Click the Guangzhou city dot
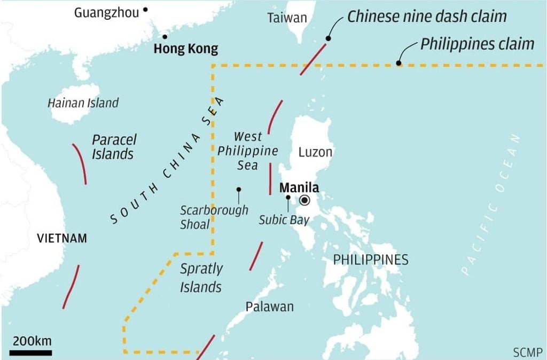point(145,10)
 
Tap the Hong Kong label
point(185,49)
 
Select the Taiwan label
point(287,18)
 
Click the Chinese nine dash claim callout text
point(427,16)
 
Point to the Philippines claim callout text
point(477,43)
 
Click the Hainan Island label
point(83,103)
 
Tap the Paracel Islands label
point(113,147)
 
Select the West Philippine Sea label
point(248,151)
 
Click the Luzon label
point(315,152)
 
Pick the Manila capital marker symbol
point(305,200)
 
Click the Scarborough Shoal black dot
point(238,189)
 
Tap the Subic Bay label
point(284,220)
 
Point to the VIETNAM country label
point(62,238)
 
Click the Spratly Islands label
point(201,278)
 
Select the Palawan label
point(269,307)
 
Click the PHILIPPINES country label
point(371,260)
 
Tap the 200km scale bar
point(30,353)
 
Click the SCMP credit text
point(527,352)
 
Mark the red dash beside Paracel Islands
point(80,163)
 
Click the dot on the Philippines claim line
point(398,64)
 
